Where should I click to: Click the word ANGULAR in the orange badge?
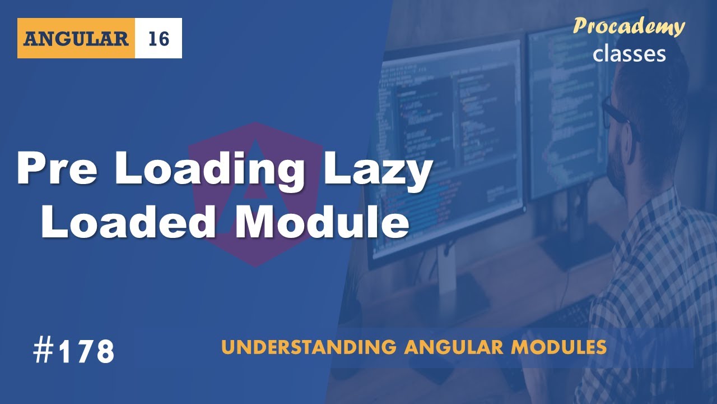point(76,39)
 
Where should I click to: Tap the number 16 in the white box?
point(159,39)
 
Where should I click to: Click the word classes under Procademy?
point(629,53)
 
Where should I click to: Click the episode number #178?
point(73,352)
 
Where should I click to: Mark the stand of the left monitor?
point(448,281)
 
